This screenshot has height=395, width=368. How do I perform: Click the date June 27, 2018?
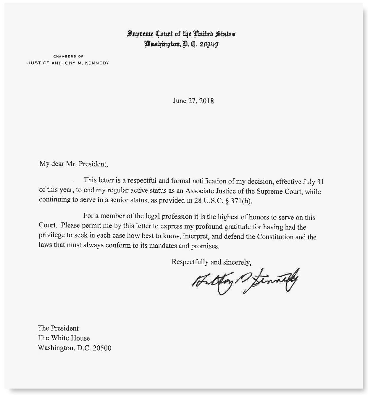coord(193,101)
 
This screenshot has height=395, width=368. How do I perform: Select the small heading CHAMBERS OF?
coord(68,56)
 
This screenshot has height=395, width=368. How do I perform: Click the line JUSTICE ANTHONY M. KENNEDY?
coord(68,63)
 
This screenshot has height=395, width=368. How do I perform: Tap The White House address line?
coord(64,338)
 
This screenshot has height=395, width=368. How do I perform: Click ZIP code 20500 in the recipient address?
coord(102,348)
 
